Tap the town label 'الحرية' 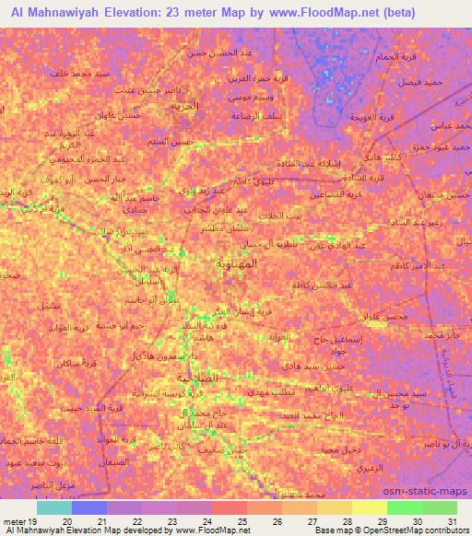coord(185,106)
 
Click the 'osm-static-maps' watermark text coord(431,492)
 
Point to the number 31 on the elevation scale coord(451,520)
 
